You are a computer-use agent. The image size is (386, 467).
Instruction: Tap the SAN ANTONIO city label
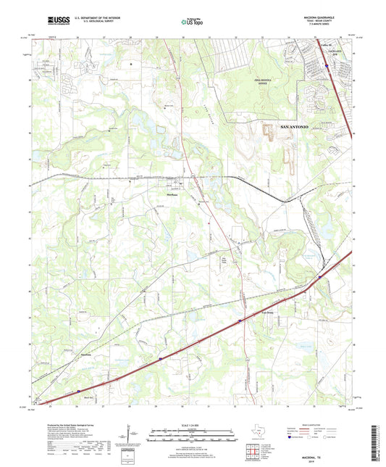(294, 127)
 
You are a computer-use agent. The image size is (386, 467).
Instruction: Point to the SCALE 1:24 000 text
(192, 423)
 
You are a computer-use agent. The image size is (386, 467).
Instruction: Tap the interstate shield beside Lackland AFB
(327, 66)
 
